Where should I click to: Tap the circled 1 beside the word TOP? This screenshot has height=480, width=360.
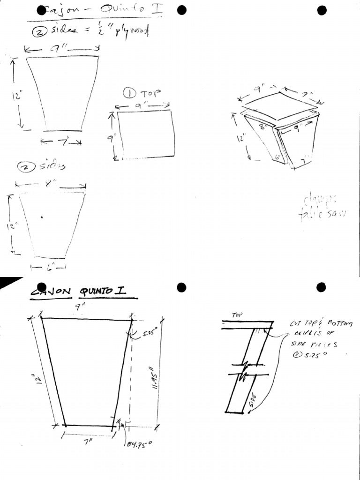tap(129, 93)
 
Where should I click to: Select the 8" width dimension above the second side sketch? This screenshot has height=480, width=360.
tap(47, 185)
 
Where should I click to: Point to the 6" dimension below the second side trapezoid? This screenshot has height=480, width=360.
tap(49, 267)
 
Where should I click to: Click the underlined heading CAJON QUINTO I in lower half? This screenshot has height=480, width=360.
tap(83, 292)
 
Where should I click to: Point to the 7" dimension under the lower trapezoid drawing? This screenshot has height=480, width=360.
tap(87, 441)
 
